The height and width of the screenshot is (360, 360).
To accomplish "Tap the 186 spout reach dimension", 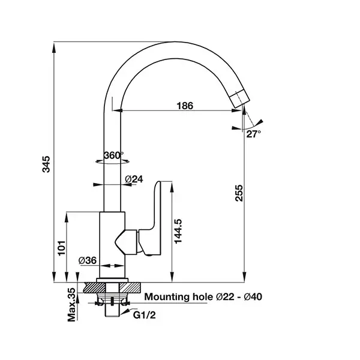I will (x=185, y=106).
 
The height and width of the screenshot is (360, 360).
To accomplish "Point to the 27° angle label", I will (x=253, y=134).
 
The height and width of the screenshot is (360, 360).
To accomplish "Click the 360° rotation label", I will (x=113, y=155).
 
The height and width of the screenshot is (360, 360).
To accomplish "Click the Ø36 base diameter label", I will (x=88, y=260).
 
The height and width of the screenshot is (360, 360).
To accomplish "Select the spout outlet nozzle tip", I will (x=238, y=98).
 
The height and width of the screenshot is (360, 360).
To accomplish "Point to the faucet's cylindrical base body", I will (x=112, y=246).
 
